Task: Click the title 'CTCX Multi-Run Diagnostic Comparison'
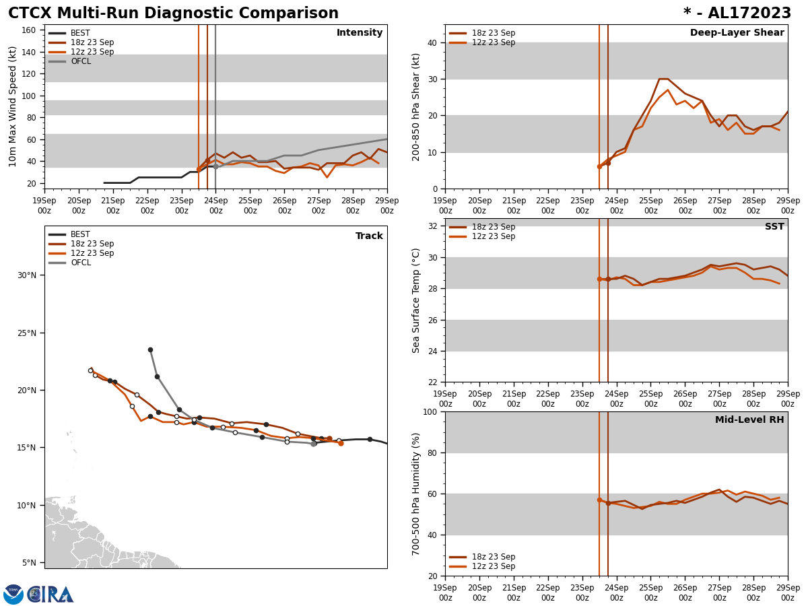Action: click(x=173, y=13)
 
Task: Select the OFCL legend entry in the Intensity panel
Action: click(x=80, y=61)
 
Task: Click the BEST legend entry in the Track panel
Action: click(x=80, y=234)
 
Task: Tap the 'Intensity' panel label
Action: click(x=360, y=33)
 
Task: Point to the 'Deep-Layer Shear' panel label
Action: click(x=737, y=33)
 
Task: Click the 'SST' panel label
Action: click(x=774, y=227)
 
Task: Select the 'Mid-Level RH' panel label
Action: click(x=749, y=420)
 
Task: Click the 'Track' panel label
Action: click(x=369, y=236)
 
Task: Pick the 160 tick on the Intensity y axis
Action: click(x=29, y=30)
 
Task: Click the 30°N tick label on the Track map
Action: click(x=27, y=275)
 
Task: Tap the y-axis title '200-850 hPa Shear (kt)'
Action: click(x=417, y=106)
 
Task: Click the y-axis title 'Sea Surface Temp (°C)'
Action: click(x=417, y=300)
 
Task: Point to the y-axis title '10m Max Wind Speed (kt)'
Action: click(x=13, y=106)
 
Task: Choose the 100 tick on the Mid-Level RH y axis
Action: click(x=430, y=412)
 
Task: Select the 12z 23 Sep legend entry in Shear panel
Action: click(x=493, y=42)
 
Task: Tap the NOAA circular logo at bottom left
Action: click(x=13, y=595)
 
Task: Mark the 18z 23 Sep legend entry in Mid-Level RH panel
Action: click(x=493, y=557)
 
